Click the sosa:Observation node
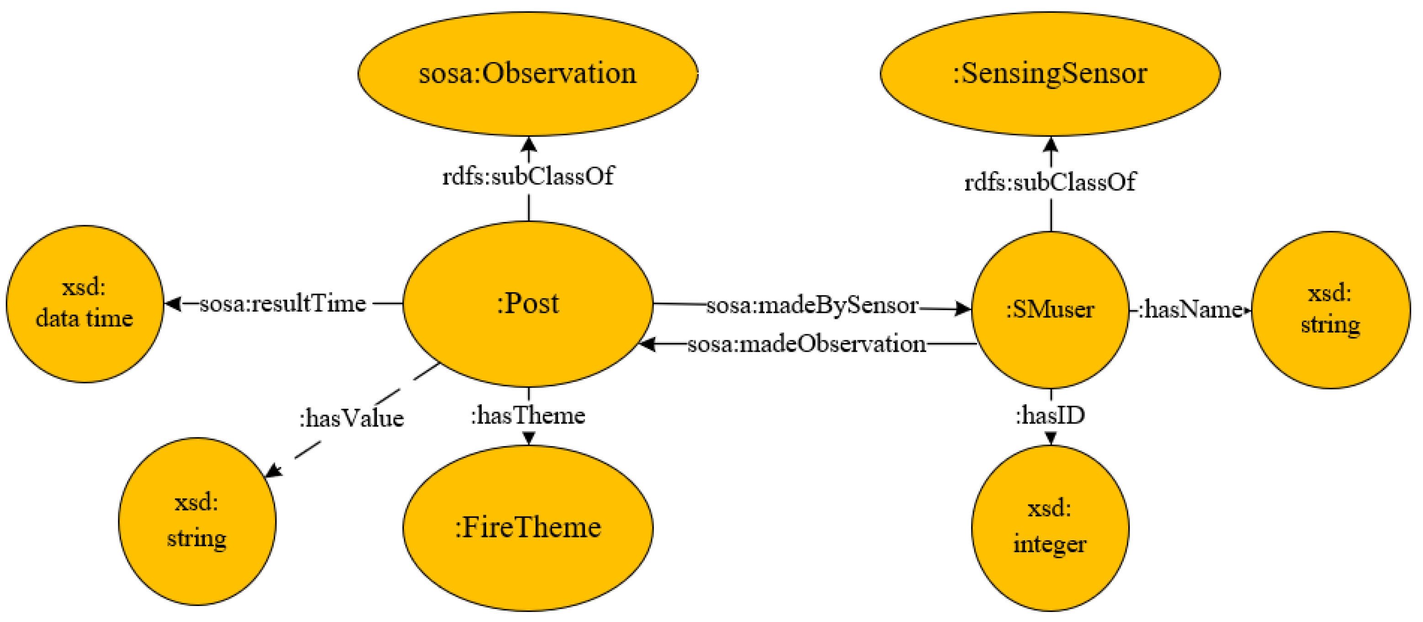(x=527, y=74)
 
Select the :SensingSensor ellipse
(x=1050, y=74)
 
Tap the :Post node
(x=527, y=304)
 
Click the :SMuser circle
(x=1050, y=310)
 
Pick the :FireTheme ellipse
(x=527, y=527)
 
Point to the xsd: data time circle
(x=85, y=304)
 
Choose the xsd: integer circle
(x=1050, y=527)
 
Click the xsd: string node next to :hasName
(x=1330, y=310)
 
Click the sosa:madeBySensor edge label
(x=812, y=305)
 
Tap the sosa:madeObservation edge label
(x=807, y=344)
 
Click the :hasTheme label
(x=527, y=415)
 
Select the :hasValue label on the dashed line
(x=351, y=418)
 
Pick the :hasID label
(x=1050, y=415)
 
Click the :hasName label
(x=1190, y=310)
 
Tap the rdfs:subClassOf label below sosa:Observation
(x=527, y=176)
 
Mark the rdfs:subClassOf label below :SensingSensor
(x=1050, y=182)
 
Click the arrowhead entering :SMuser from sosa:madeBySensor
(x=963, y=309)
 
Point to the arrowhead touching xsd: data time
(x=173, y=304)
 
